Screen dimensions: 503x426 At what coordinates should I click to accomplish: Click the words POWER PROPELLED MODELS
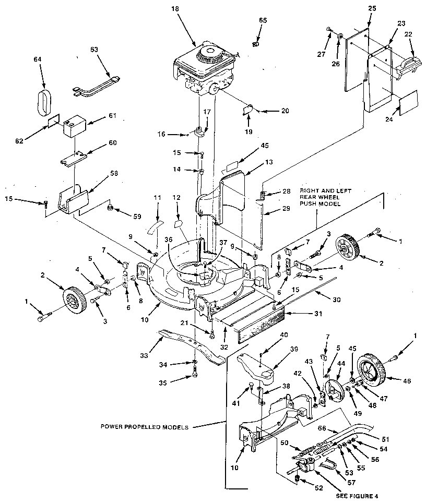[x=145, y=426]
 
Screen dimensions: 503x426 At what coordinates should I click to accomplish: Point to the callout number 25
[x=371, y=9]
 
